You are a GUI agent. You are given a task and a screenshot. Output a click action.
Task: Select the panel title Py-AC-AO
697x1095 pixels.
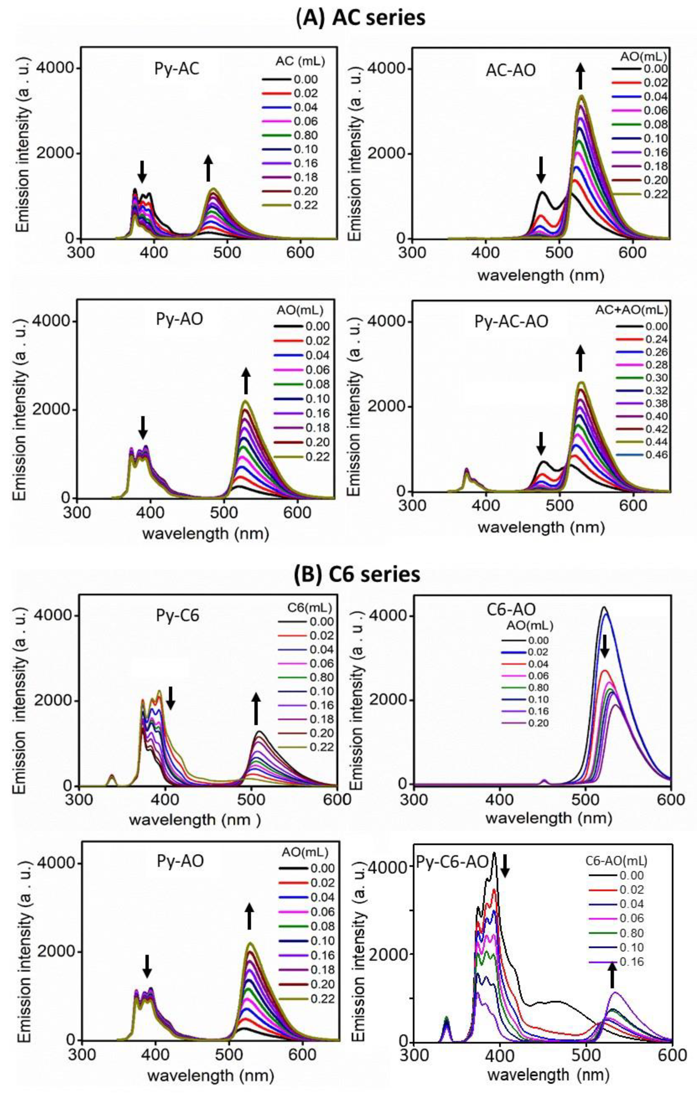click(x=511, y=322)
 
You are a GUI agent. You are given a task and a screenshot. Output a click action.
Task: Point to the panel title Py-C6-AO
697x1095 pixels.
click(x=453, y=862)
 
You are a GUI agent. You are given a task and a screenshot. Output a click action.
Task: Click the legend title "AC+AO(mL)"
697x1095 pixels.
click(x=632, y=310)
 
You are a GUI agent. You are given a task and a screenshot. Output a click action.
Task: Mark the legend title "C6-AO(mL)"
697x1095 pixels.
click(x=616, y=860)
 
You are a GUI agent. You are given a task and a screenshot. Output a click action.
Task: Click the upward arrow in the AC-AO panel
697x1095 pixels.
click(x=580, y=76)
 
